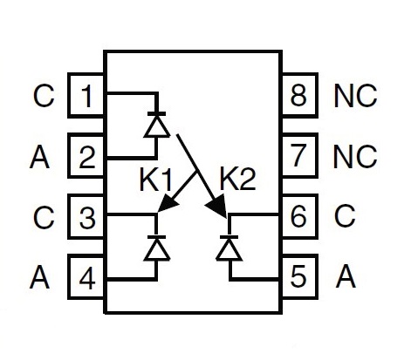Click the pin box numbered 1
click(86, 95)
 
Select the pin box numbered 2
click(86, 156)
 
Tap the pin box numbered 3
click(86, 216)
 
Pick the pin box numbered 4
click(86, 277)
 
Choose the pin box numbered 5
click(299, 277)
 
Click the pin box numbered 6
click(299, 216)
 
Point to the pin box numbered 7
click(299, 156)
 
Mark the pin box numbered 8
click(299, 95)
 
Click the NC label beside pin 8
click(355, 96)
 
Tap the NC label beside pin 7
click(355, 156)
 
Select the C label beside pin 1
click(44, 96)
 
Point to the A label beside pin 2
click(39, 157)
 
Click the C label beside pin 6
click(345, 216)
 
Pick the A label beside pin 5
click(346, 276)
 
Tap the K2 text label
click(237, 180)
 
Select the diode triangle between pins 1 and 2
click(157, 126)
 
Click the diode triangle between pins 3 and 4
click(157, 249)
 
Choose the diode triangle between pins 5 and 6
click(229, 249)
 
